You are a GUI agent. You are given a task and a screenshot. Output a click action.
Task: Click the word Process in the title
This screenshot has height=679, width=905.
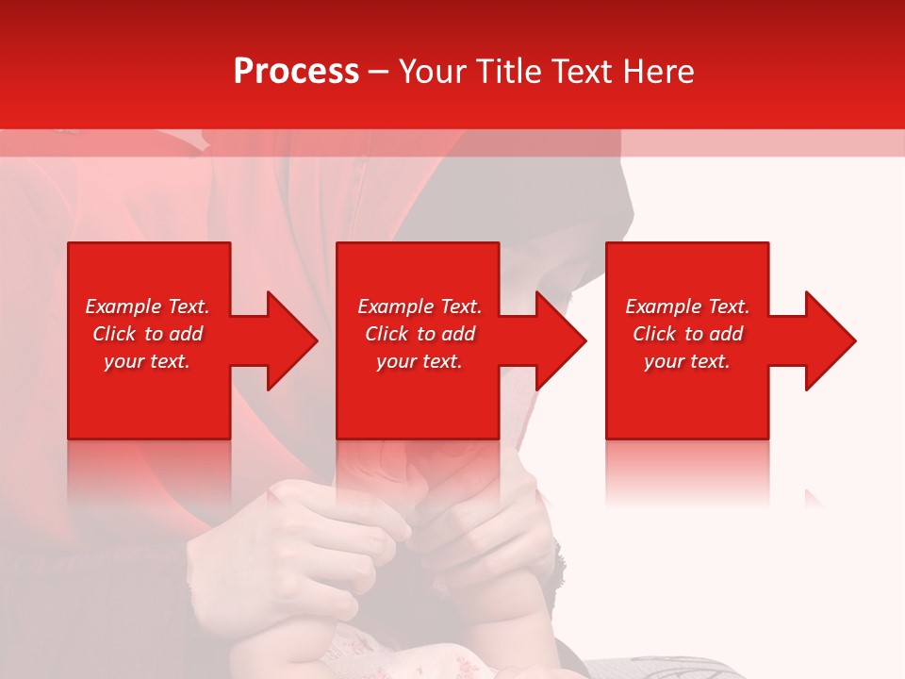tap(296, 72)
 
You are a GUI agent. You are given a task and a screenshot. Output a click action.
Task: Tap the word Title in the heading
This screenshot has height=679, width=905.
tap(510, 72)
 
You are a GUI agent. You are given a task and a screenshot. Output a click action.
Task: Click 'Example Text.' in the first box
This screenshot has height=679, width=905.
tap(147, 306)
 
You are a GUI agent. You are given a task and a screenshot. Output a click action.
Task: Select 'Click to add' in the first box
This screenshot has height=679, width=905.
tap(147, 334)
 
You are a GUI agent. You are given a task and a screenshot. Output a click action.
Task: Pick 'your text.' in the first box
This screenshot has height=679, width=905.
tap(147, 361)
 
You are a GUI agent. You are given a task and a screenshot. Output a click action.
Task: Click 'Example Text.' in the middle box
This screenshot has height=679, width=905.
tap(420, 306)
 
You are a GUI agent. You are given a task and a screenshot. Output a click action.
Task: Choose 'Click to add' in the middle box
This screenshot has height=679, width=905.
tap(420, 334)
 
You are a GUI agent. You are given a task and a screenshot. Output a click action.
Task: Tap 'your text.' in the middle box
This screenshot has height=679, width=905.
tap(420, 361)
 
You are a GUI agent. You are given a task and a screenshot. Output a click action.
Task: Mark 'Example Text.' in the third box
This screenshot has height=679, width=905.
tap(687, 306)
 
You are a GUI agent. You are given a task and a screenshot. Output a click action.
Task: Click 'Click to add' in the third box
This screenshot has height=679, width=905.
tap(687, 334)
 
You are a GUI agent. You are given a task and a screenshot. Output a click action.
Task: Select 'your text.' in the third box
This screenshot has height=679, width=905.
tap(687, 361)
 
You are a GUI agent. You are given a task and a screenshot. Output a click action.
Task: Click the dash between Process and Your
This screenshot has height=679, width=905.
tap(378, 73)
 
